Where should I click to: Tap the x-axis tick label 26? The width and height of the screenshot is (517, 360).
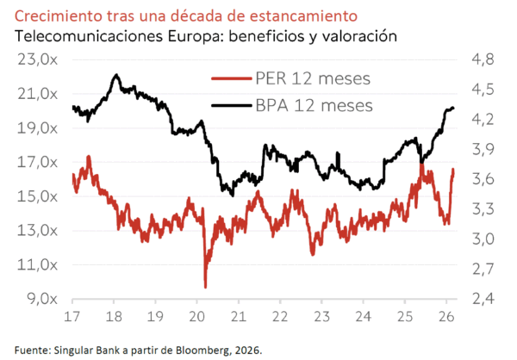[447, 315]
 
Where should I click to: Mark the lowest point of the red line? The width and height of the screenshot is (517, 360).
[205, 287]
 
